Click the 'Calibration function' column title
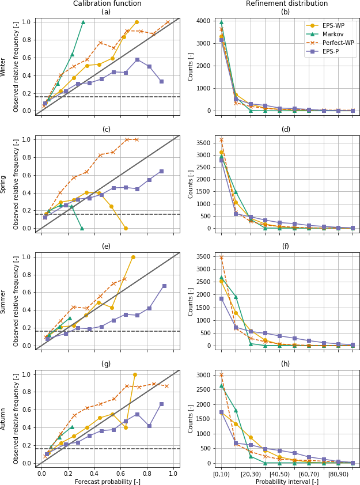click(x=107, y=3)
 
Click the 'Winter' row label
click(x=3, y=67)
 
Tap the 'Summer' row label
click(x=3, y=301)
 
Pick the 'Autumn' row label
click(x=3, y=419)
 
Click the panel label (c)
click(x=107, y=130)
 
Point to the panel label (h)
click(x=286, y=364)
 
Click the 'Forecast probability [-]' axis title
click(x=107, y=482)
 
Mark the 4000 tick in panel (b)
click(x=204, y=21)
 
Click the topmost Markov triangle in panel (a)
click(x=83, y=22)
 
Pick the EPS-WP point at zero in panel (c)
click(x=126, y=228)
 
